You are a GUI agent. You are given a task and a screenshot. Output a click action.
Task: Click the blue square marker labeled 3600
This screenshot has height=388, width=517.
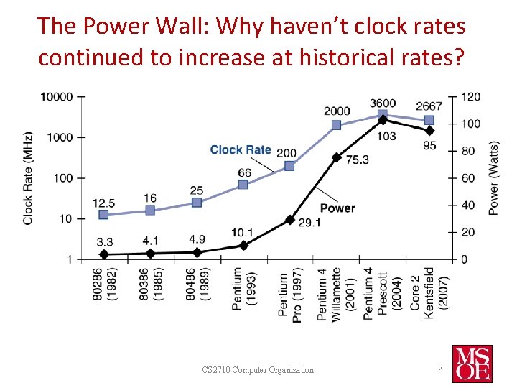tap(383, 114)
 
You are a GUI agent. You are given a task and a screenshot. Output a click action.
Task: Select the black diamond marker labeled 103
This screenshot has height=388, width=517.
tap(383, 120)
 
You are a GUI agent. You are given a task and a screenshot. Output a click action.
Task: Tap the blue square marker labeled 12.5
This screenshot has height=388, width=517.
tap(103, 214)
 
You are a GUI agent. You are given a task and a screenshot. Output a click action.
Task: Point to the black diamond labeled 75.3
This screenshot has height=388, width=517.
tap(336, 157)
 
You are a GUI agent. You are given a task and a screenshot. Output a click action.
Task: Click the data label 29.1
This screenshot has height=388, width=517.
tap(309, 223)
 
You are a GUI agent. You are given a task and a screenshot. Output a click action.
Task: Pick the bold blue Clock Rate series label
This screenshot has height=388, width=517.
tap(241, 149)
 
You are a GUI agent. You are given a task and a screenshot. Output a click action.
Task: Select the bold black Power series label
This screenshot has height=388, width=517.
tap(337, 208)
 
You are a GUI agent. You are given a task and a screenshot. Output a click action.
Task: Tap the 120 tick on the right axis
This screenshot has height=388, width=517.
tap(470, 96)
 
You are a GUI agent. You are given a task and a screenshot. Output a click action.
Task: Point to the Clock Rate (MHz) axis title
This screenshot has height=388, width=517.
tap(28, 177)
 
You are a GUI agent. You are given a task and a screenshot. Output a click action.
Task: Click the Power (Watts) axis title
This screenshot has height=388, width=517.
tap(494, 177)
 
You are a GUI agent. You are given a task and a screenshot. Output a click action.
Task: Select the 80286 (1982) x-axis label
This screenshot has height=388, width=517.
tap(103, 289)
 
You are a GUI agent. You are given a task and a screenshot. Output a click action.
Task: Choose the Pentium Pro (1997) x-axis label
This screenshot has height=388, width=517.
tap(289, 297)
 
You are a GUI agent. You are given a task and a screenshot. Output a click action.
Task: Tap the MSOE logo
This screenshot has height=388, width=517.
tap(472, 363)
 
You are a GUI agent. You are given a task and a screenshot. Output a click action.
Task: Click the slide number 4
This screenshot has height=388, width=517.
tap(441, 369)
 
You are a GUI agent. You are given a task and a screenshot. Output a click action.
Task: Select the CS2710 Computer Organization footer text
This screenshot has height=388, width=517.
tap(258, 370)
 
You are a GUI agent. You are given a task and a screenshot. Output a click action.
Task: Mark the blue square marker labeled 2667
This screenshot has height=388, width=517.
tap(429, 120)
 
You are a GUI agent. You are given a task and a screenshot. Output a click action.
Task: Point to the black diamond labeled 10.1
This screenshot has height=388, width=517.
tap(243, 246)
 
